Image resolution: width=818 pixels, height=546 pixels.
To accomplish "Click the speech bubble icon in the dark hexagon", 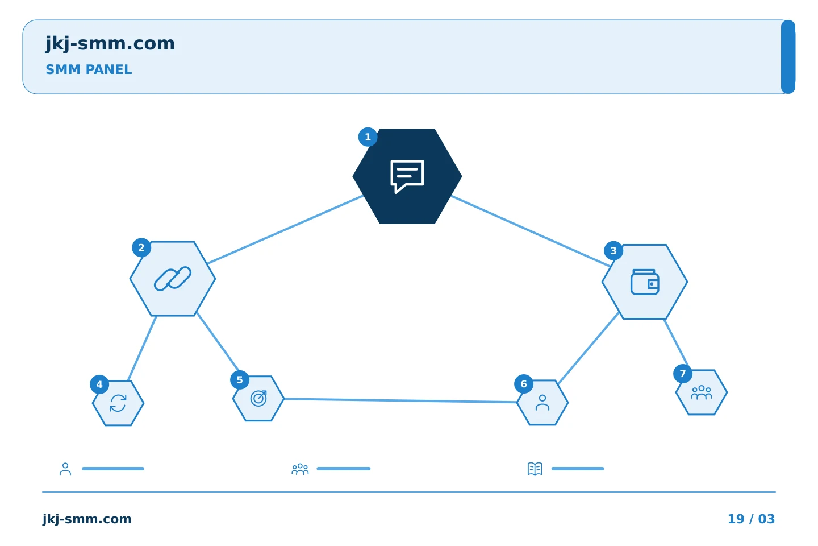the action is (407, 176).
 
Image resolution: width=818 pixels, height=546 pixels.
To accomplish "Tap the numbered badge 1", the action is (368, 137).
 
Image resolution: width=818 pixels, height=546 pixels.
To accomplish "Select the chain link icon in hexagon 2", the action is (172, 279).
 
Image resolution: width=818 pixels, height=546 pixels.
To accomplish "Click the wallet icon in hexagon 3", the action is (645, 282).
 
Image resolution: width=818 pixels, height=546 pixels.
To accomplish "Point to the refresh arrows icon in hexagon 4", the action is (118, 403).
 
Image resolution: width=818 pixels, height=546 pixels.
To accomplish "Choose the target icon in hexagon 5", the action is (258, 398).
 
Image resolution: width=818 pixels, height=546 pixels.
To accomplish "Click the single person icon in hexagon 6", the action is (542, 402).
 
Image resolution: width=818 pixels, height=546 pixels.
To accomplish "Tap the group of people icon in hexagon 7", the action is (702, 392).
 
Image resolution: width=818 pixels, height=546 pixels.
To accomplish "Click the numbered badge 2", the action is (141, 247).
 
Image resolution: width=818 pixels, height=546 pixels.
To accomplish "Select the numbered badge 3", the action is (613, 250).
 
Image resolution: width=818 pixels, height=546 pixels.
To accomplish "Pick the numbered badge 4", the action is (99, 384).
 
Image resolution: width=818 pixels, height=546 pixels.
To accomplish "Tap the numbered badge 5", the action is (240, 380).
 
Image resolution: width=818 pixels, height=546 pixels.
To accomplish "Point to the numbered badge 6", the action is (524, 384).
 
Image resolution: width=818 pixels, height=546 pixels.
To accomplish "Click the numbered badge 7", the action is (683, 374).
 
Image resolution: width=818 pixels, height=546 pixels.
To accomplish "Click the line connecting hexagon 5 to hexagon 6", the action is (400, 400).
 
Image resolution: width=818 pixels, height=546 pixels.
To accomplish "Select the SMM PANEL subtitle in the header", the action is (89, 69).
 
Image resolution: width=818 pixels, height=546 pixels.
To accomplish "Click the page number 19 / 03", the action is (751, 519).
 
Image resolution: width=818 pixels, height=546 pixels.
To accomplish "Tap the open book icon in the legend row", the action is (535, 469).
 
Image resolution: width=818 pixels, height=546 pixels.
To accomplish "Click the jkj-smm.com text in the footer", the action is (87, 519).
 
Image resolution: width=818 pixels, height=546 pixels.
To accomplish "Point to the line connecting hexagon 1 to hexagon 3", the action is (531, 231).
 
